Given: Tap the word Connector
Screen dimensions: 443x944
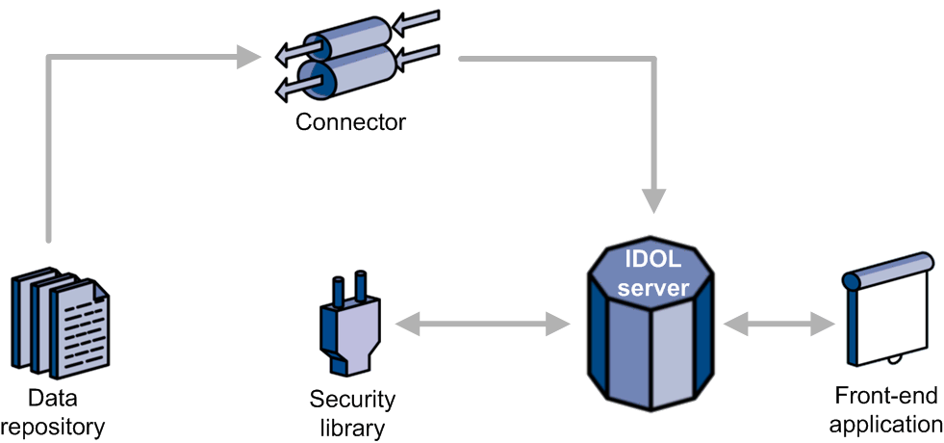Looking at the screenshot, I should (350, 122).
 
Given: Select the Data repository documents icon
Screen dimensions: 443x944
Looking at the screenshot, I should (61, 326).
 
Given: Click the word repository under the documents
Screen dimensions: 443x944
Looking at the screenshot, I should (53, 425).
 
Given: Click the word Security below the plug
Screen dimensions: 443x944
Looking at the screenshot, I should (352, 400).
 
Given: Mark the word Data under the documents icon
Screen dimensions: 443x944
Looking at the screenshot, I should (52, 399).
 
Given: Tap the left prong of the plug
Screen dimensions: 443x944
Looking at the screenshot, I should (339, 288).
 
